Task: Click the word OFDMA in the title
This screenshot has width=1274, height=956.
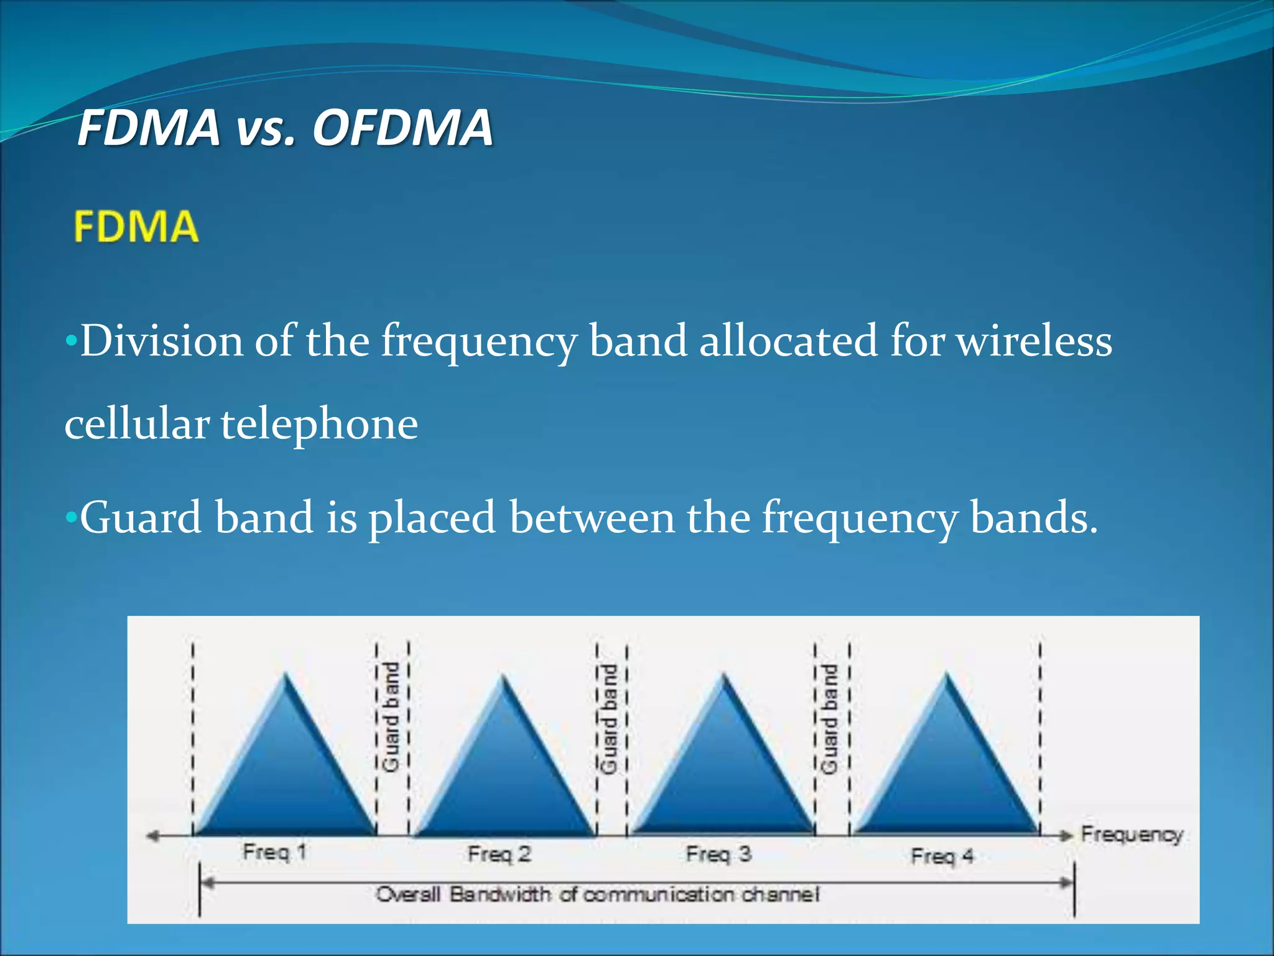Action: coord(402,128)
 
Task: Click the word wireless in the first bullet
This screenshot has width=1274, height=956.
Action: coord(1034,341)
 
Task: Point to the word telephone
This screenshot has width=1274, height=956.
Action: coord(319,424)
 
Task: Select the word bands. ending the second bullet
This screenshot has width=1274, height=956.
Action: coord(1034,517)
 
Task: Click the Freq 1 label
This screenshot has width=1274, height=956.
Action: coord(274,851)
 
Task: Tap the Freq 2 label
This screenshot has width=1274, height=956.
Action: coord(500,854)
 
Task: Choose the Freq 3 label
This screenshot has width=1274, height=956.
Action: coord(718,854)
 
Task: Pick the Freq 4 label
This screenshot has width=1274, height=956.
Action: coord(942,856)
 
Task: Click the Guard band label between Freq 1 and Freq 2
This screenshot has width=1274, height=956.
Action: coord(391,717)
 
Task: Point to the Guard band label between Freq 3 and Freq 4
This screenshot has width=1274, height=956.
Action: coord(830,719)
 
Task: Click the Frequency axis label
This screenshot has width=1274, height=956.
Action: coord(1132,834)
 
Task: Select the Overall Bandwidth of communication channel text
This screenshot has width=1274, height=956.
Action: coord(597,894)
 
